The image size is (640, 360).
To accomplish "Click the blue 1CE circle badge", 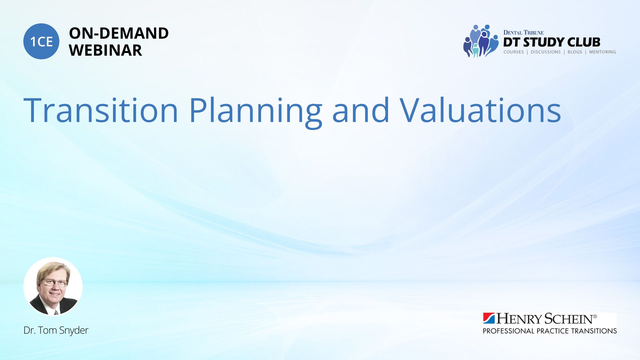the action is coord(41,41).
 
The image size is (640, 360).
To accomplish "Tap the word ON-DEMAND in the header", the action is coord(119,33).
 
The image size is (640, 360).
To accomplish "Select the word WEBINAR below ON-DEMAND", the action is coord(105,50).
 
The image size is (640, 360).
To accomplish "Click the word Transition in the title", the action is coord(101,110).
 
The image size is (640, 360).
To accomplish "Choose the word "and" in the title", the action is coord(361,110).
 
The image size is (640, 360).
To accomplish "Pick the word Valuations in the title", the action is coord(480,110).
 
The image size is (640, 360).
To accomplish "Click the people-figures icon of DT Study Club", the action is coord(481,41).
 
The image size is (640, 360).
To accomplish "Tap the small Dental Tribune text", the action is coord(523,33).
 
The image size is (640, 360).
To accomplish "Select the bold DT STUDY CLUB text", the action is coord(552,42).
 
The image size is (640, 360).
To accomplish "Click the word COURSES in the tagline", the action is coord(514,52).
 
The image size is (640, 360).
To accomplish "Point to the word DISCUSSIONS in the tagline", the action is coord(546,52).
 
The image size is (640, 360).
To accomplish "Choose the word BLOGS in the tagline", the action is coord(575,52).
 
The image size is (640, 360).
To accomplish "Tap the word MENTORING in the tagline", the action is coord(602,52).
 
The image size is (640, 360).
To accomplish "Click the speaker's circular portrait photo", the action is coord(53,286).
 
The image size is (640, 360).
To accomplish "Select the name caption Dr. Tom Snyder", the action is coord(56,330).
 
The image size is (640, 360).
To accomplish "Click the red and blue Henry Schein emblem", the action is coord(489,318).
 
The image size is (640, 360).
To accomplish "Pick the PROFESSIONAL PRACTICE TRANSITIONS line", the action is coord(550,331).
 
